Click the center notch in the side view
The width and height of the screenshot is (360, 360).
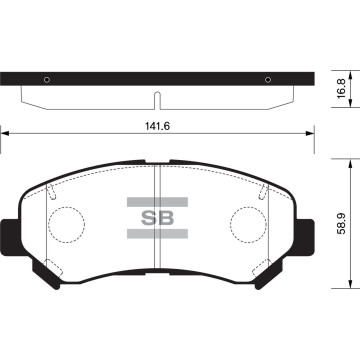point(157,100)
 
